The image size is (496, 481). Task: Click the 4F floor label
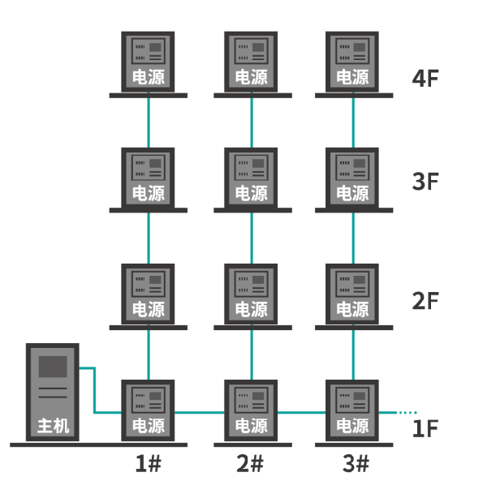click(x=425, y=79)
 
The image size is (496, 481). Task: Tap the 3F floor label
click(x=425, y=181)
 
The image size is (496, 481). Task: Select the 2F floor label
click(x=425, y=301)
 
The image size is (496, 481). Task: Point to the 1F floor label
click(x=425, y=427)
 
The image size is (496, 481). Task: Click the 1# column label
click(x=148, y=464)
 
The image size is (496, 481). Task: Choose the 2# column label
click(x=250, y=464)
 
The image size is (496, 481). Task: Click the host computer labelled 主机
click(x=53, y=393)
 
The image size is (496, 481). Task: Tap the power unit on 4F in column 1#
click(x=149, y=62)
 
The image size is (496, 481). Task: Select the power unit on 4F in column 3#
click(x=352, y=62)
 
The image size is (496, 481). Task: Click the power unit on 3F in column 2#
click(x=251, y=178)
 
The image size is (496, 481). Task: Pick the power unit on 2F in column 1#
click(x=149, y=294)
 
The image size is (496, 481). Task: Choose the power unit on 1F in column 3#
click(x=352, y=410)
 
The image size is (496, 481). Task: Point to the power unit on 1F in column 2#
click(x=251, y=410)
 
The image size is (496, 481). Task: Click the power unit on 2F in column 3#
click(x=352, y=294)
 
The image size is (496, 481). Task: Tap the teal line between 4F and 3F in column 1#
click(x=149, y=122)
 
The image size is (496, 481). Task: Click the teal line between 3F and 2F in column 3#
click(x=353, y=238)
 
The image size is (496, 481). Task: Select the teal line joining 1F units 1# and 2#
click(x=200, y=412)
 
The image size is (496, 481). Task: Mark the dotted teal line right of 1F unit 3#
click(x=408, y=412)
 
